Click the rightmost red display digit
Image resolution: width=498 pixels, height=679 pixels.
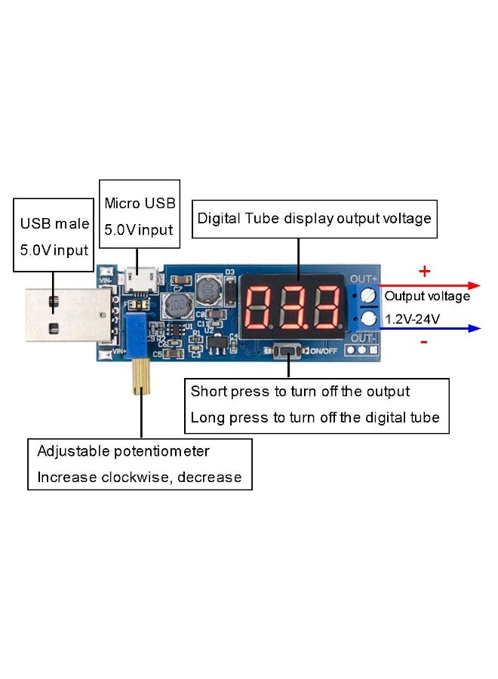click(x=326, y=310)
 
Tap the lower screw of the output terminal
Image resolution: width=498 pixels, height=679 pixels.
click(x=369, y=319)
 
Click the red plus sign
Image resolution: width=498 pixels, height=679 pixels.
click(x=424, y=271)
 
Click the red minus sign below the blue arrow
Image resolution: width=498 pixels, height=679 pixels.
click(x=424, y=343)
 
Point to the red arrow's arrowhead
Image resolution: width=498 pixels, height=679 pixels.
click(x=473, y=286)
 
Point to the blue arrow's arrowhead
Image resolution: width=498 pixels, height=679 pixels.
click(x=473, y=327)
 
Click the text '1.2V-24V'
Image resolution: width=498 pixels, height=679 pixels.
click(x=413, y=319)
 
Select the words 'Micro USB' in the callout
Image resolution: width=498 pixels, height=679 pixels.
click(x=140, y=203)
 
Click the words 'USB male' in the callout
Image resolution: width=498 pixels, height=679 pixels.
click(x=54, y=224)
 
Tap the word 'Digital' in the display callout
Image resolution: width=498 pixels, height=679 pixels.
click(x=218, y=219)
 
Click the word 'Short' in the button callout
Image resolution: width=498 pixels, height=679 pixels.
click(x=207, y=392)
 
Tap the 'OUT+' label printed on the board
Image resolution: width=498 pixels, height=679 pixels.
click(x=364, y=278)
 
